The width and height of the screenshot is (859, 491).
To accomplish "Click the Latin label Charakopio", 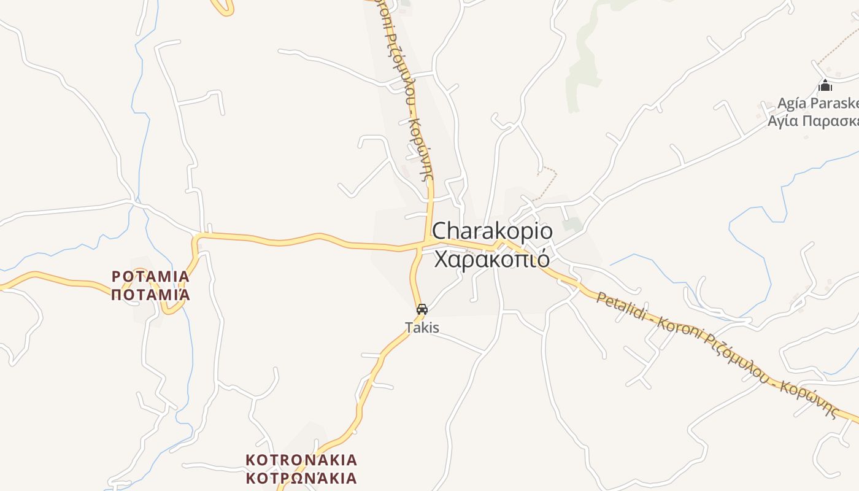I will (492, 231).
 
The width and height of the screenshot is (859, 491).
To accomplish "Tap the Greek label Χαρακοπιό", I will (491, 259).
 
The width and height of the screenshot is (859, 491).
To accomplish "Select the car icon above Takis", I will (422, 309).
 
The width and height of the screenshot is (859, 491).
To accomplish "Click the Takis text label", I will (422, 328).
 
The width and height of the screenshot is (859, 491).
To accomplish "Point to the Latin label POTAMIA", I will (151, 277).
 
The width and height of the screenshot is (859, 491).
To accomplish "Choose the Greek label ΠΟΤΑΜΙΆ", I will (151, 295).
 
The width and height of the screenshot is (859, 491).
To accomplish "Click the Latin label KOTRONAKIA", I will (301, 460).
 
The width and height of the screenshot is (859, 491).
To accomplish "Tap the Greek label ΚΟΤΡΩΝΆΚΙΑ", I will (301, 478).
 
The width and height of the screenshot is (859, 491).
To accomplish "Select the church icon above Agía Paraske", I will (825, 86).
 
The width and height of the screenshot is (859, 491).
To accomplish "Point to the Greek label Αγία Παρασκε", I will (813, 120).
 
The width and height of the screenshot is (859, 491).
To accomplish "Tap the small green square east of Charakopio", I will (572, 225).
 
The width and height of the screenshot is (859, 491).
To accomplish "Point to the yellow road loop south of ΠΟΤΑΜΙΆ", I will (172, 307).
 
